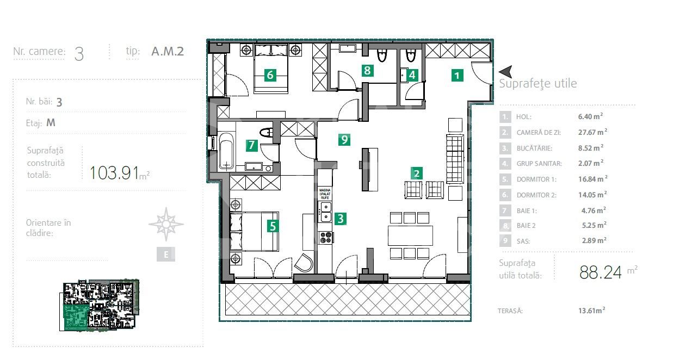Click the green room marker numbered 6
click(x=270, y=75)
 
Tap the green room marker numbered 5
click(x=271, y=226)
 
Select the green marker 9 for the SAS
click(x=344, y=140)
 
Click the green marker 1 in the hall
click(x=458, y=75)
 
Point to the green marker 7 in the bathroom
click(x=251, y=145)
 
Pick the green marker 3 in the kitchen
click(x=341, y=219)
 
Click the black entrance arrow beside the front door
click(x=506, y=71)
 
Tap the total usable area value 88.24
click(x=600, y=272)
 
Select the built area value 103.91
click(x=115, y=172)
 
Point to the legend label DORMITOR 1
click(x=533, y=179)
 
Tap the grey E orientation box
click(x=166, y=254)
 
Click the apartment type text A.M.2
click(x=168, y=52)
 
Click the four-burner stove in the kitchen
click(x=325, y=238)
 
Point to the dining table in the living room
click(x=410, y=235)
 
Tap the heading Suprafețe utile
click(x=537, y=84)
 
